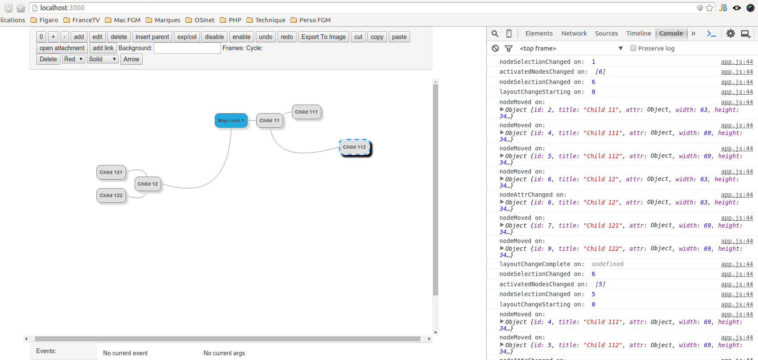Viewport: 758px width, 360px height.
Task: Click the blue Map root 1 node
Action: [x=231, y=120]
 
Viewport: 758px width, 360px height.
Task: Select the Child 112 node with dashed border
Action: [x=354, y=147]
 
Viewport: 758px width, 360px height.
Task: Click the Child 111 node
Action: [x=306, y=112]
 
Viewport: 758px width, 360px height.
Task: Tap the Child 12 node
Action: [x=148, y=184]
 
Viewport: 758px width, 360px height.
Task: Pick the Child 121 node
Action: [x=111, y=172]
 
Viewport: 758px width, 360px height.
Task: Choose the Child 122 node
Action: [x=111, y=195]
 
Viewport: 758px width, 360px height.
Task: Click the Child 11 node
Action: [x=270, y=120]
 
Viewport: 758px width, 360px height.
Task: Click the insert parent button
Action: [x=152, y=37]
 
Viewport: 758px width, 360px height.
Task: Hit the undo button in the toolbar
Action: [x=266, y=37]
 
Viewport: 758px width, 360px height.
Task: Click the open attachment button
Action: [x=62, y=48]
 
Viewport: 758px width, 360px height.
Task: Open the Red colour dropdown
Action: [x=73, y=59]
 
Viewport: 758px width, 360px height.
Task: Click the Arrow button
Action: [x=132, y=59]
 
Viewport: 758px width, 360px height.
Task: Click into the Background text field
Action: [x=187, y=48]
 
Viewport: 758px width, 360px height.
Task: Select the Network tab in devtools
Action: [x=574, y=33]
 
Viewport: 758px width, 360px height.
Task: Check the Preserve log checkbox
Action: [x=633, y=48]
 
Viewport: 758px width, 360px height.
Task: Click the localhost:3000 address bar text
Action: [x=63, y=8]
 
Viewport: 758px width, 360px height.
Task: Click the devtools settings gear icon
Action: [x=731, y=33]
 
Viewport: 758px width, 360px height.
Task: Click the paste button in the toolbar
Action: [x=399, y=37]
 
